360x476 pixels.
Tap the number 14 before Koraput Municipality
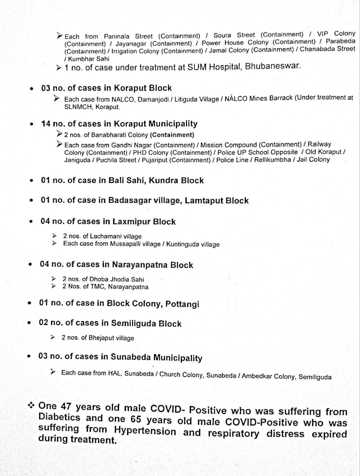[x=46, y=124]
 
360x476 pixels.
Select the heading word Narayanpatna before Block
[x=140, y=265]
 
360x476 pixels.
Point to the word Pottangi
[x=182, y=304]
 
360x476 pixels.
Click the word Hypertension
[x=145, y=431]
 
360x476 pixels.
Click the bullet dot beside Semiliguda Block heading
[x=29, y=323]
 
